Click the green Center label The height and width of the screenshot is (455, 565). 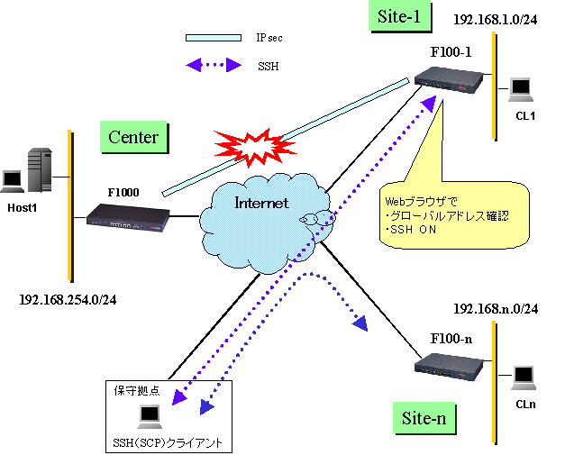133,138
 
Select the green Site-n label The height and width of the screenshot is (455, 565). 424,419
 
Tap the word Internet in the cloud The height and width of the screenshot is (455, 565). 261,203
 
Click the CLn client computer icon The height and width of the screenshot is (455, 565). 526,375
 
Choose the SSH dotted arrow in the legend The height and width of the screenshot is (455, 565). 213,65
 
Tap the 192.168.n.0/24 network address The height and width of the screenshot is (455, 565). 497,309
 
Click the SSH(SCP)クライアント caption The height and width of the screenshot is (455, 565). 169,442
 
